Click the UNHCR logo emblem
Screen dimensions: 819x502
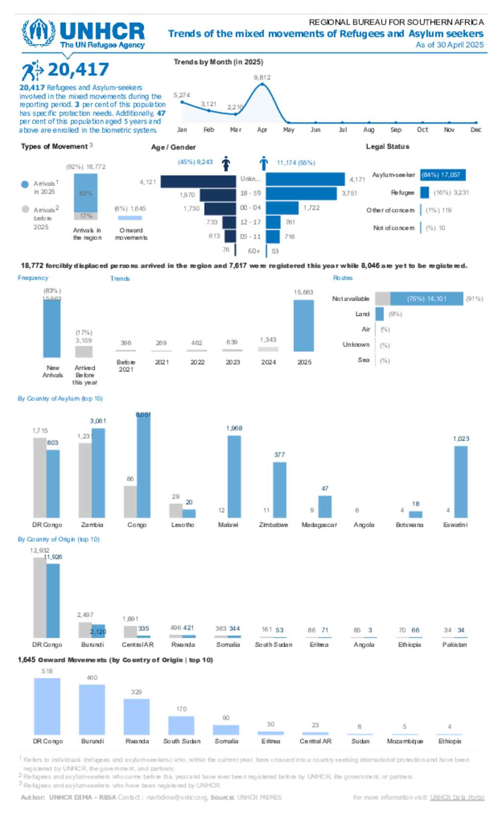point(38,32)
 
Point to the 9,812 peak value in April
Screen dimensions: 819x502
point(262,77)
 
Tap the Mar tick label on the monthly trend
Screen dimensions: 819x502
point(236,130)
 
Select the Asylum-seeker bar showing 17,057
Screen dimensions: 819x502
point(443,175)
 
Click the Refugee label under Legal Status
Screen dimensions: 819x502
point(402,193)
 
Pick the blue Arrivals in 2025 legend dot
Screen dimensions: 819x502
point(25,184)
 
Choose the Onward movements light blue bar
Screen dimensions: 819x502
point(130,218)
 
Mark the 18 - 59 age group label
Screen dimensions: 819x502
point(251,194)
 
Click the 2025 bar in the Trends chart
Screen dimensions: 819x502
point(303,325)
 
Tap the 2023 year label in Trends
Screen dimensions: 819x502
point(233,362)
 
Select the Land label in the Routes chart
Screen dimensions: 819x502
point(362,314)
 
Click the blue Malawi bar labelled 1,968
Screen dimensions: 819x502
point(234,476)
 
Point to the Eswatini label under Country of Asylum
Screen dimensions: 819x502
point(455,525)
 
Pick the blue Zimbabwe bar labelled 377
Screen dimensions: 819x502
point(279,490)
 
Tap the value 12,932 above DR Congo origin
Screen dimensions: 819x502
point(40,550)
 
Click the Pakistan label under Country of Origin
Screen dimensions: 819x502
point(454,645)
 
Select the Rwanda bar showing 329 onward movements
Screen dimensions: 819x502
point(136,716)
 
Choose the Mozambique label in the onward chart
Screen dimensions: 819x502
point(405,742)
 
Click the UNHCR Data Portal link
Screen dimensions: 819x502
point(457,798)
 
